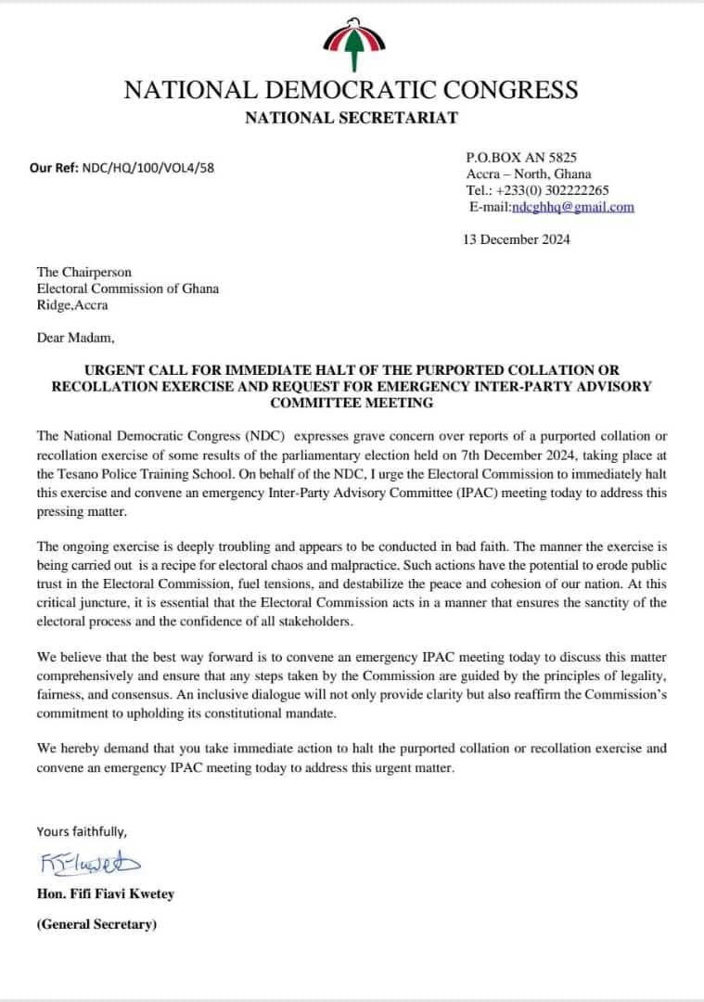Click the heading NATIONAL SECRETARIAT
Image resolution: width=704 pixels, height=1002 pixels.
click(x=351, y=117)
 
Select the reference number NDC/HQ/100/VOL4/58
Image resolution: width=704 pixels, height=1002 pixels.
click(x=148, y=168)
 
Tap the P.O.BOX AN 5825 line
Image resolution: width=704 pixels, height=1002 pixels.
click(x=528, y=158)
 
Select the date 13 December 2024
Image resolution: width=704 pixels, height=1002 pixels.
click(x=517, y=239)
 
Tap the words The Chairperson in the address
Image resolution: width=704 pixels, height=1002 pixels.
click(x=84, y=272)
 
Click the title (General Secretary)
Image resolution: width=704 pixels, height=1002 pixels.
click(x=96, y=925)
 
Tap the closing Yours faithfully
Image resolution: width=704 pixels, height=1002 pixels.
click(x=82, y=831)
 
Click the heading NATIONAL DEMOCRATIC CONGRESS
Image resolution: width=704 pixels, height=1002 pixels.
click(x=351, y=89)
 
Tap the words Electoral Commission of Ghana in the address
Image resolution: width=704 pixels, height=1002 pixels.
click(x=128, y=289)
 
